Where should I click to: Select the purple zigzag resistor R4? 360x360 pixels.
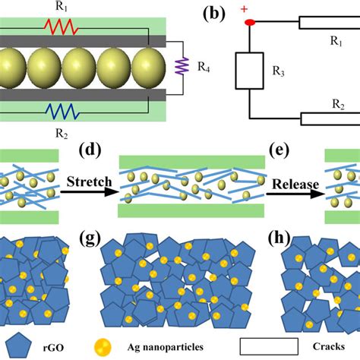click(181, 69)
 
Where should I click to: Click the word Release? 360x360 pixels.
click(292, 182)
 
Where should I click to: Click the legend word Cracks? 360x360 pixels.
click(333, 346)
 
